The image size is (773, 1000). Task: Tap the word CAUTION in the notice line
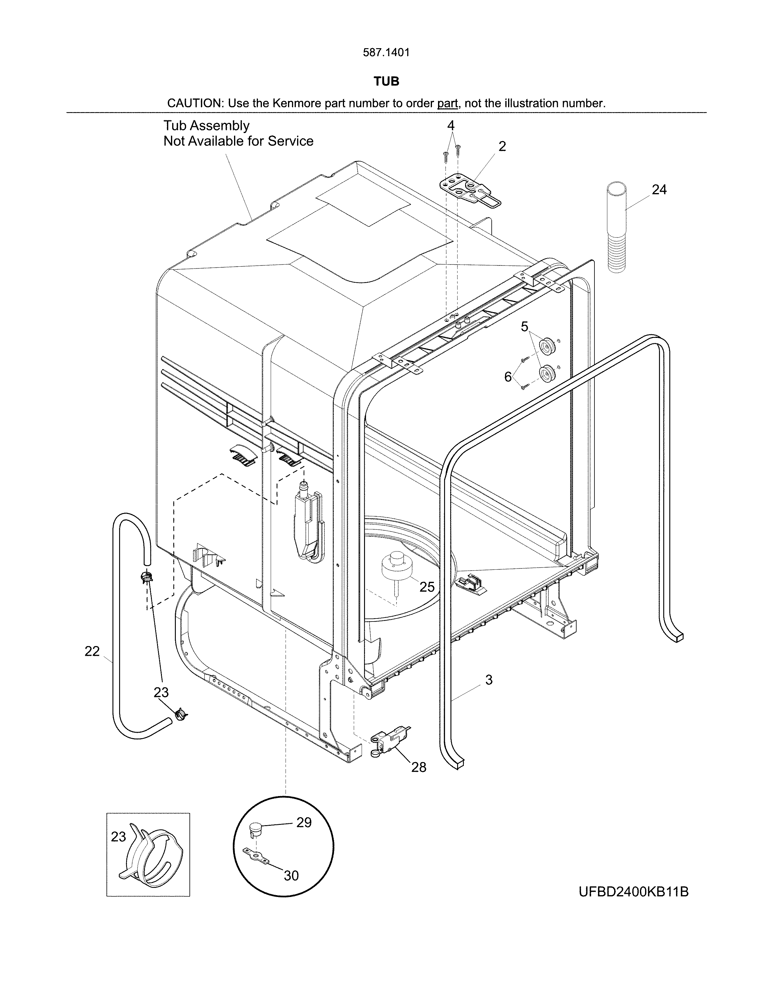[194, 103]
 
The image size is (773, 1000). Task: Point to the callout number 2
[502, 147]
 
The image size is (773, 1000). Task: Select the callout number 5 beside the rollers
[524, 326]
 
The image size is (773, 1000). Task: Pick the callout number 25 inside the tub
[427, 587]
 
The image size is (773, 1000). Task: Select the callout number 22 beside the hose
[92, 651]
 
